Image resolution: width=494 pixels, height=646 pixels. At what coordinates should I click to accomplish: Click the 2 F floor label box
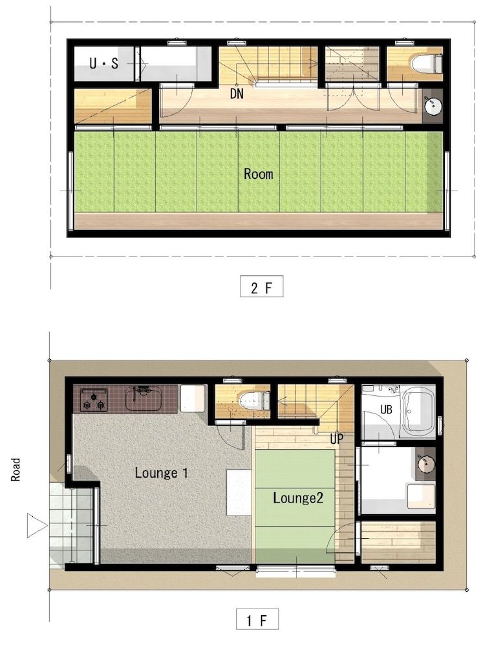(x=261, y=287)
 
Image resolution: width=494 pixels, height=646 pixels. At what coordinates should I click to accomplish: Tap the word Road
(x=16, y=470)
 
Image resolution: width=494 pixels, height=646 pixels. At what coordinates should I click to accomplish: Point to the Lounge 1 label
(x=161, y=473)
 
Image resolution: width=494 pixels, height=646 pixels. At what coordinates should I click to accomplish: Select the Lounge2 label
(x=294, y=497)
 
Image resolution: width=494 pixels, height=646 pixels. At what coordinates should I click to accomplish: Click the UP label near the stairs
(x=336, y=439)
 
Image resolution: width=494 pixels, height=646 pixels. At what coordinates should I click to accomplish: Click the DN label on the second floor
(x=237, y=93)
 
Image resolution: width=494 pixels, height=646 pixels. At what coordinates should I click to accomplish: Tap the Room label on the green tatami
(x=258, y=174)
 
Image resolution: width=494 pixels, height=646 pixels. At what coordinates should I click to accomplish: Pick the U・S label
(x=103, y=63)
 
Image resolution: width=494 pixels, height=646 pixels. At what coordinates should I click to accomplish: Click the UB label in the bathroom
(x=386, y=409)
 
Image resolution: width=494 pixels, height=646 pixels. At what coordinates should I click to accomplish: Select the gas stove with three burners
(x=93, y=400)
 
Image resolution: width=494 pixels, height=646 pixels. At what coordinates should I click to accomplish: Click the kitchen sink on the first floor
(x=143, y=399)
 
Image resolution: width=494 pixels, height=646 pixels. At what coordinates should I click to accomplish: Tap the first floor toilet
(x=254, y=401)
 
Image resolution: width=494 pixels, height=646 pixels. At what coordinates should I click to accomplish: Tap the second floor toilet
(x=426, y=63)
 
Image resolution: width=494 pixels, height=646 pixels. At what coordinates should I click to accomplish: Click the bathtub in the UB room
(x=418, y=412)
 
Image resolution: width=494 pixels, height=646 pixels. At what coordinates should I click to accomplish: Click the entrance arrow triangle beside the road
(x=36, y=525)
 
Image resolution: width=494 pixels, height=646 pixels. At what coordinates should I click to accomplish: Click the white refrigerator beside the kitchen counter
(x=192, y=398)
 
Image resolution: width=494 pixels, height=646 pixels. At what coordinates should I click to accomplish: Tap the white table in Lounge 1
(x=238, y=492)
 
